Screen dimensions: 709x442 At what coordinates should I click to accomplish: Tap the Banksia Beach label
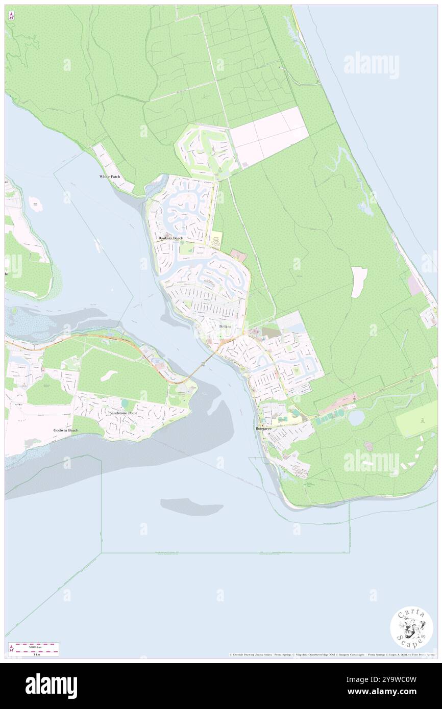coord(170,238)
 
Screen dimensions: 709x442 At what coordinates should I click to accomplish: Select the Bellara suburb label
coord(225,326)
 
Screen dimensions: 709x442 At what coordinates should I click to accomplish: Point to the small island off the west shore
coord(35,205)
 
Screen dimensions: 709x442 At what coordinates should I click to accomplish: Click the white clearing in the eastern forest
coord(359,282)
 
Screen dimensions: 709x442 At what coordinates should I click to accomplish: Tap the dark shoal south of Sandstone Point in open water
coord(191,507)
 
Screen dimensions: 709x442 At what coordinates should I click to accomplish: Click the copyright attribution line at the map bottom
coord(332,654)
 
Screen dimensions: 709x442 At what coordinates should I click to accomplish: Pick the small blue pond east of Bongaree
coord(356,418)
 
